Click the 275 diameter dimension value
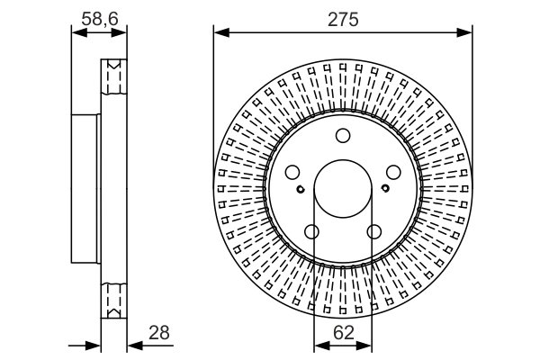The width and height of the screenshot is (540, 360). coord(343,19)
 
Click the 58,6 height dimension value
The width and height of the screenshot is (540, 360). coord(100,19)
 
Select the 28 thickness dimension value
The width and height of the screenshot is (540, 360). coord(159,333)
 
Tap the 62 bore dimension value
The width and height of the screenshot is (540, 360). coord(344,333)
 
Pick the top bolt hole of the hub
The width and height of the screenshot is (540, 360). coord(343,136)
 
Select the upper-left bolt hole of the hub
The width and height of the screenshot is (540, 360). coord(292,172)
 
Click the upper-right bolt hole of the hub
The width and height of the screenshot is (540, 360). coord(393,172)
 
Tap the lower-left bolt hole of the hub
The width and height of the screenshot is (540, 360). coord(312,231)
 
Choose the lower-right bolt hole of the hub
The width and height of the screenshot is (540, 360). coord(374,231)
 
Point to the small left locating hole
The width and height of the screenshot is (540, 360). coord(301,189)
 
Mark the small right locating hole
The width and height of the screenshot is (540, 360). coord(385,188)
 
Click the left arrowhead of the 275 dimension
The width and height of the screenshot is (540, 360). coord(221,33)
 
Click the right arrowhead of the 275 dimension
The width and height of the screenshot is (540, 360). coord(464,33)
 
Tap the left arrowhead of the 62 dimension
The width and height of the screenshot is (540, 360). coord(321,346)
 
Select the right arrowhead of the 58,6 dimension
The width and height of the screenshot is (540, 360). coord(119,33)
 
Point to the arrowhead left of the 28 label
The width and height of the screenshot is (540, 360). coord(135,346)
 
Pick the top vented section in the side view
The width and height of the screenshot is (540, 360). coord(114,76)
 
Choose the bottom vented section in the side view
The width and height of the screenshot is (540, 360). coord(114,301)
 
